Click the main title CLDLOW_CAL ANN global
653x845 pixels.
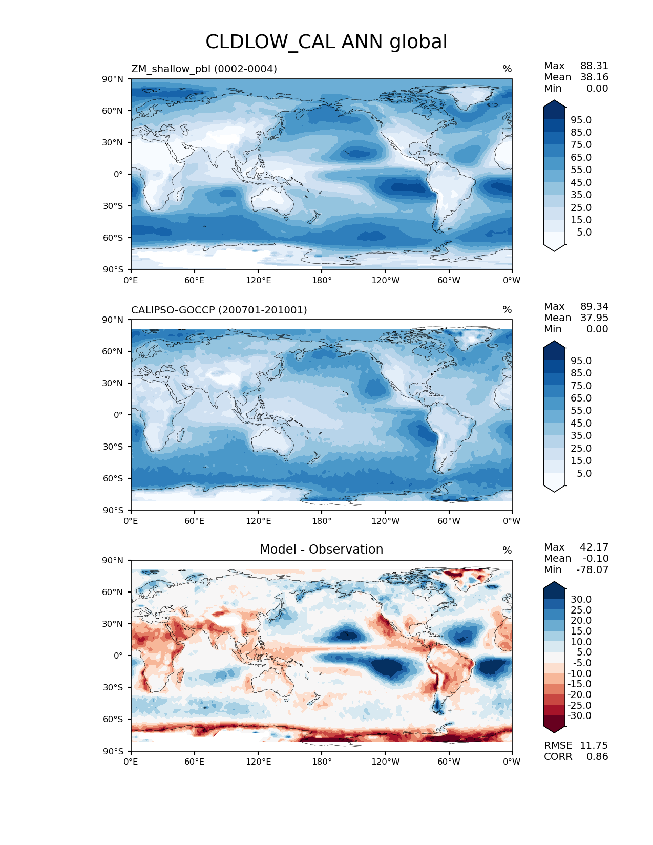(326, 42)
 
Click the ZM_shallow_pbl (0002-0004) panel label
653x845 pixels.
(204, 69)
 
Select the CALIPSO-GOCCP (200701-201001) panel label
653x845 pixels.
(219, 310)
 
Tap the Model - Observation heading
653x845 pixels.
(321, 550)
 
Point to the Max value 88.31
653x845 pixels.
(594, 66)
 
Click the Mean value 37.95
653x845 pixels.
(594, 318)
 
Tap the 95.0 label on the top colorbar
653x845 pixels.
(581, 120)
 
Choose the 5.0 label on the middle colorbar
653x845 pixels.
(584, 474)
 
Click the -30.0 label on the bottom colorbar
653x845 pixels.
(579, 716)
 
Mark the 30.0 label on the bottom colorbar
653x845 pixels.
(581, 600)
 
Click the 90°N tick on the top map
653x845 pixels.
(113, 79)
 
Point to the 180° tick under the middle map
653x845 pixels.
(322, 521)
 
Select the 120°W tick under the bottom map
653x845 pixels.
(385, 762)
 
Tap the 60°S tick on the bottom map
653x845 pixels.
(113, 720)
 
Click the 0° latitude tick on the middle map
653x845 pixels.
(118, 415)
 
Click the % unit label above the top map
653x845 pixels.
(507, 69)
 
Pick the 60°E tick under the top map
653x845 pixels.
(195, 281)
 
